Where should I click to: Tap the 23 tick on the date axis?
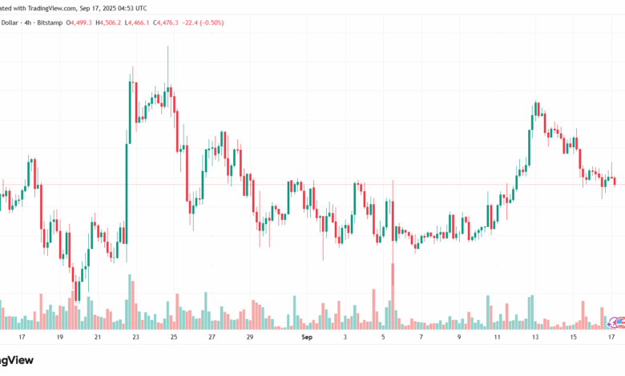click(135, 338)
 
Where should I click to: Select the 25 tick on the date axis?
click(174, 338)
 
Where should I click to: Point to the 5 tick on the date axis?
click(384, 338)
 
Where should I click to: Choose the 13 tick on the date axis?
click(534, 338)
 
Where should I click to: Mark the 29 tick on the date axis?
click(250, 338)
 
